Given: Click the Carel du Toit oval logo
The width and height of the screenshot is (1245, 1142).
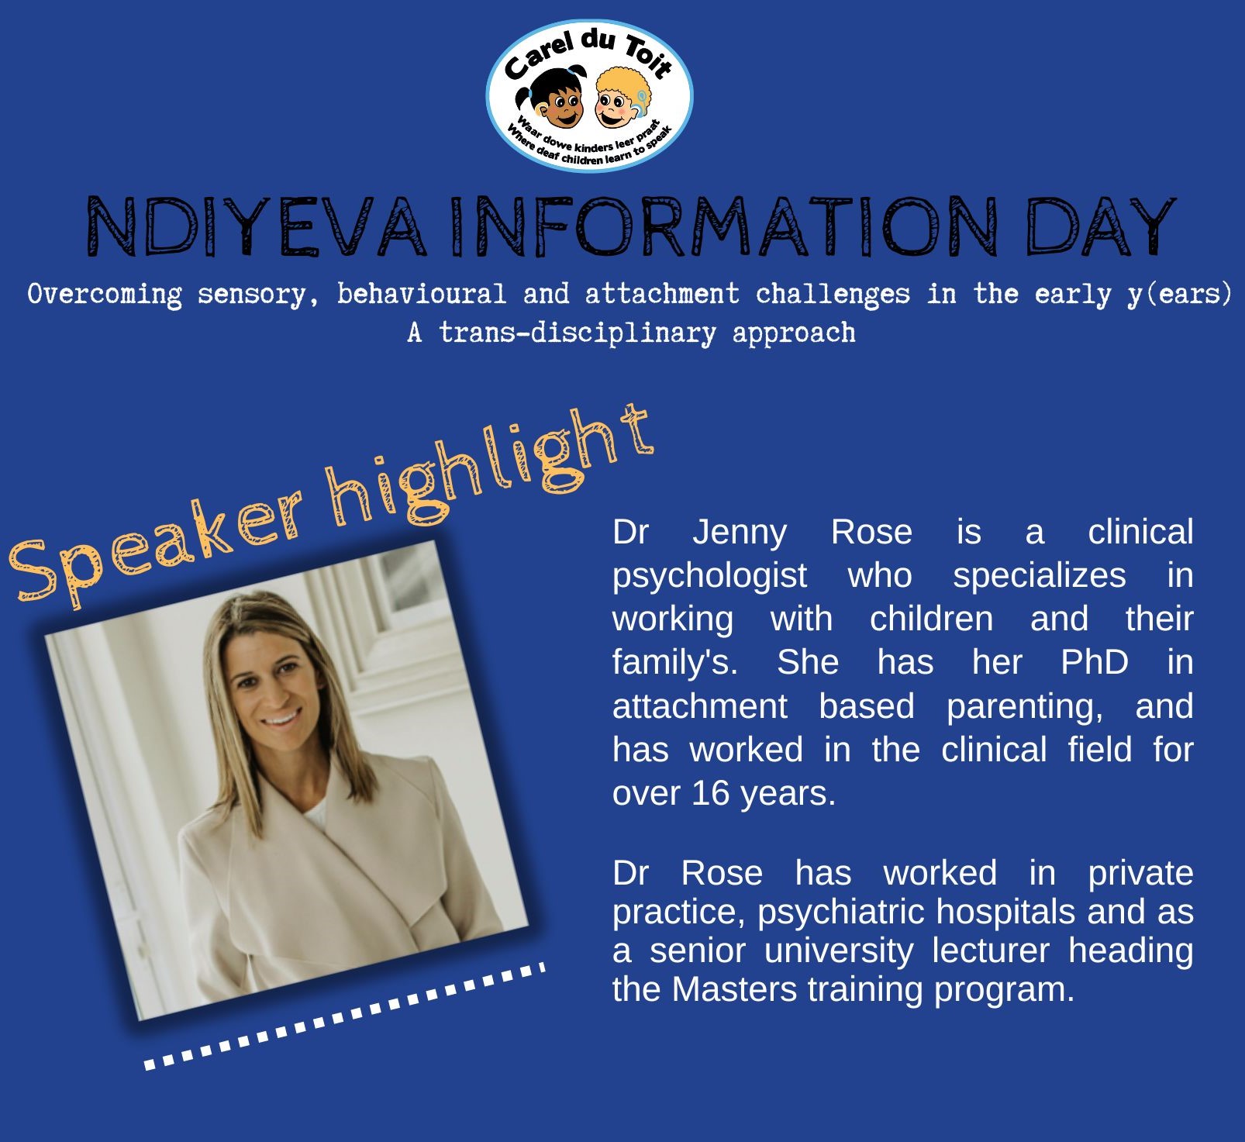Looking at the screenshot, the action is point(589,96).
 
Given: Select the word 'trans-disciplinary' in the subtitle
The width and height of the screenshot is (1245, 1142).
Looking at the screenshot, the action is point(577,333).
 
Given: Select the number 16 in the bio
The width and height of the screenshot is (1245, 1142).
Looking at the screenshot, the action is point(711,793).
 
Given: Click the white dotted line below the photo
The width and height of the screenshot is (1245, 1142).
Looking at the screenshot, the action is point(345,1016).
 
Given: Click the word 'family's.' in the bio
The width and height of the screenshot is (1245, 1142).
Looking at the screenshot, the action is point(674,664).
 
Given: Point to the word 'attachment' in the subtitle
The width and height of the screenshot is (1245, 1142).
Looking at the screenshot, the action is point(661,295).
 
